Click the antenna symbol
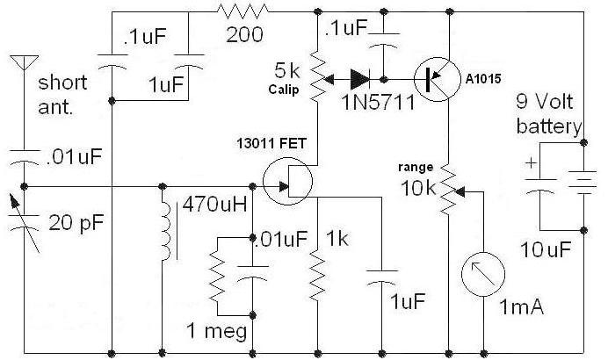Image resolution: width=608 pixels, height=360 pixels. click(24, 62)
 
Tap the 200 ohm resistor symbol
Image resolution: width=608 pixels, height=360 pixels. click(242, 11)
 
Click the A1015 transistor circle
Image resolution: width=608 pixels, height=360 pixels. click(437, 79)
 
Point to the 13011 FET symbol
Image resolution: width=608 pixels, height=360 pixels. click(287, 181)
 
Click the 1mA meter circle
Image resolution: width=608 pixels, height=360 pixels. click(483, 274)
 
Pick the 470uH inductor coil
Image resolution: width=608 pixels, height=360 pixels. click(165, 231)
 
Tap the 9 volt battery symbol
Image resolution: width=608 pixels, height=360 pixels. click(583, 182)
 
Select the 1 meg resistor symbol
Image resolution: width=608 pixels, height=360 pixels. click(217, 275)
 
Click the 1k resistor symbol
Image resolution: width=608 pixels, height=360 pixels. click(317, 275)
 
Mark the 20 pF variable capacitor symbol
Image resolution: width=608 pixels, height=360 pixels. click(24, 223)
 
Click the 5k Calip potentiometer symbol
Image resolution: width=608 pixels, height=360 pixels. click(321, 76)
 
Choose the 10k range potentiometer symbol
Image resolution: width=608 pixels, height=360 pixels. click(451, 190)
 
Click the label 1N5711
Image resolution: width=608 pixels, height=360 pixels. click(378, 103)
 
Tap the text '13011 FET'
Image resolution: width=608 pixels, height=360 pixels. click(271, 144)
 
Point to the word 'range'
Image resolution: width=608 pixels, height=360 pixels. click(416, 168)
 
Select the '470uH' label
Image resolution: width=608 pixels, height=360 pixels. click(214, 205)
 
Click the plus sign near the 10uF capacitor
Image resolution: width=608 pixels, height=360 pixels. click(531, 162)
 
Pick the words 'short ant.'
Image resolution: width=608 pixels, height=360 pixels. click(62, 95)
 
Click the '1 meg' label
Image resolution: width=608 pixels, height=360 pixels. click(216, 332)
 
